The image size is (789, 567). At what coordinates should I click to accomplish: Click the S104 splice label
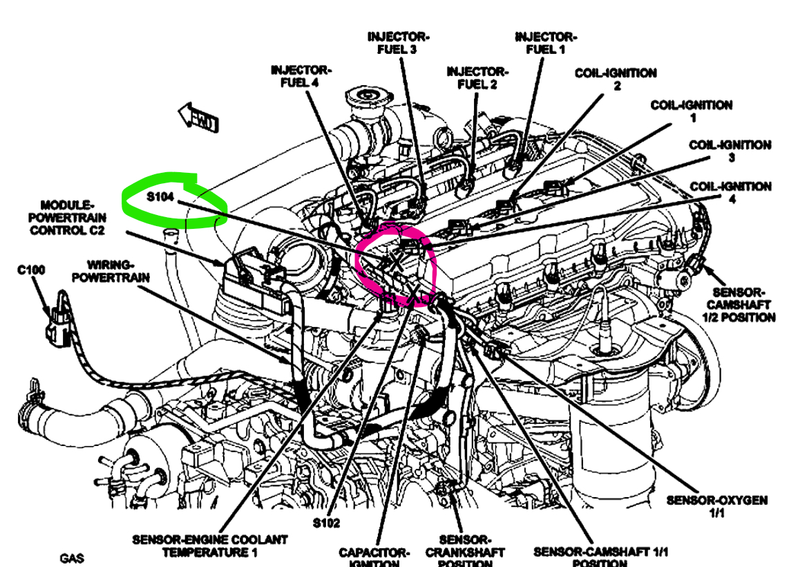pos(160,197)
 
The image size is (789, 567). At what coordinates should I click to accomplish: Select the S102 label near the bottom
pos(325,523)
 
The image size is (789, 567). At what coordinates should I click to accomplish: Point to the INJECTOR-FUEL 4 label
pos(301,76)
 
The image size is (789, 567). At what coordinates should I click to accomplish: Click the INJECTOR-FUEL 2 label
pos(477,78)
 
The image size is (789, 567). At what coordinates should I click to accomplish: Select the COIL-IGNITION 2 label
pos(616,79)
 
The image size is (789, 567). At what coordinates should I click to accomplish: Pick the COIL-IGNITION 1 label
pos(692,111)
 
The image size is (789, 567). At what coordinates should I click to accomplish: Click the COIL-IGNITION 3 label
pos(730,151)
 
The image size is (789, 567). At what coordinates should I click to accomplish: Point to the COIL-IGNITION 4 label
pos(731,192)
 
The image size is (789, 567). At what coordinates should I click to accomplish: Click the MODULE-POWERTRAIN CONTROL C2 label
pos(67,217)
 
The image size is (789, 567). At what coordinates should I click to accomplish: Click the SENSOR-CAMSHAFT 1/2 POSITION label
pos(739,304)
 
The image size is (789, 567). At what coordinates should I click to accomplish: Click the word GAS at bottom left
pos(72,557)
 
